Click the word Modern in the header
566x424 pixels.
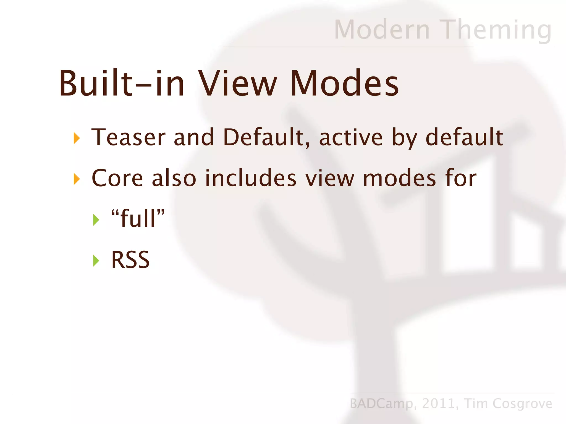(382, 30)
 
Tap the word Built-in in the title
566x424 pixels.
(122, 83)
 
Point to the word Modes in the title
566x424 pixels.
(344, 83)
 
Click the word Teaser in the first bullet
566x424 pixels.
(128, 137)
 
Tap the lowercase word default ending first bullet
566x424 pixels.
(464, 137)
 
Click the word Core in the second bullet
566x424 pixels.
(117, 178)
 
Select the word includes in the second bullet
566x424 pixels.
(251, 178)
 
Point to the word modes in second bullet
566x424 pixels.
(399, 178)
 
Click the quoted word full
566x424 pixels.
(138, 218)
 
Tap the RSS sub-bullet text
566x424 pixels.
(130, 260)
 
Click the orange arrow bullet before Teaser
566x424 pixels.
(77, 138)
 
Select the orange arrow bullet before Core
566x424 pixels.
(77, 179)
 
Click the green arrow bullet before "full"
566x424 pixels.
(96, 220)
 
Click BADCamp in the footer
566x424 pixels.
(381, 404)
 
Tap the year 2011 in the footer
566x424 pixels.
(439, 404)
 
